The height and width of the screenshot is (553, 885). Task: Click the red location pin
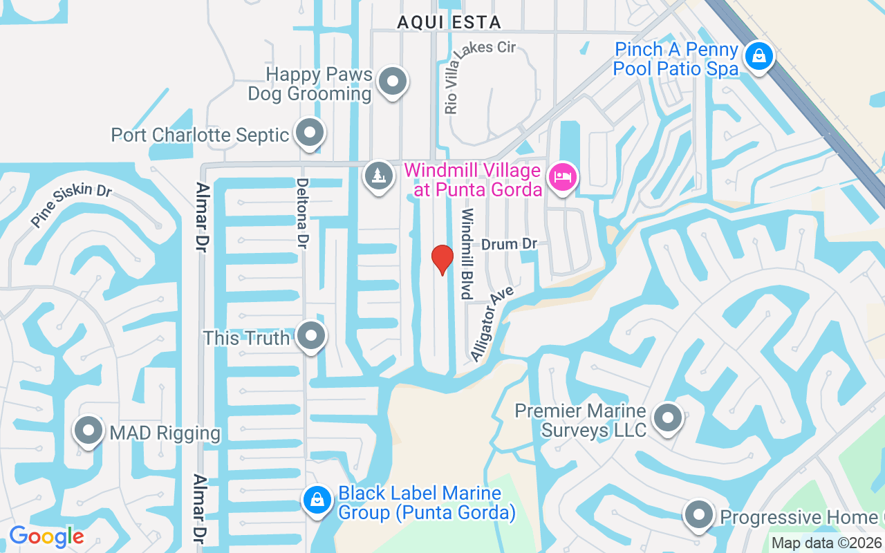[442, 259]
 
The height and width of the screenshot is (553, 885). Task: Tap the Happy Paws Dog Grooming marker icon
[393, 81]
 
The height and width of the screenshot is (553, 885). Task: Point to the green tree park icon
[378, 176]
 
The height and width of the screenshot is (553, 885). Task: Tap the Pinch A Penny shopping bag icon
[758, 56]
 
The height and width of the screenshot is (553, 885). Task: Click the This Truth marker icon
[310, 337]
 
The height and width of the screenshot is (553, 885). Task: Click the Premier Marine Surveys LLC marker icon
[668, 418]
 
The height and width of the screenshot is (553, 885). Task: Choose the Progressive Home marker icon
[699, 516]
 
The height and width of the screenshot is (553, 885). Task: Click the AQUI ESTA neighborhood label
[449, 22]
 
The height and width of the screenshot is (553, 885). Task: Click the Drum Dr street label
[510, 244]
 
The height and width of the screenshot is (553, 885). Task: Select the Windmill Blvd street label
[468, 254]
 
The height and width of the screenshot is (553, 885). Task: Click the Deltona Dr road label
[302, 214]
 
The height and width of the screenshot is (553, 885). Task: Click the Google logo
[46, 536]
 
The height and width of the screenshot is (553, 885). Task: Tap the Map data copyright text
[827, 543]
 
